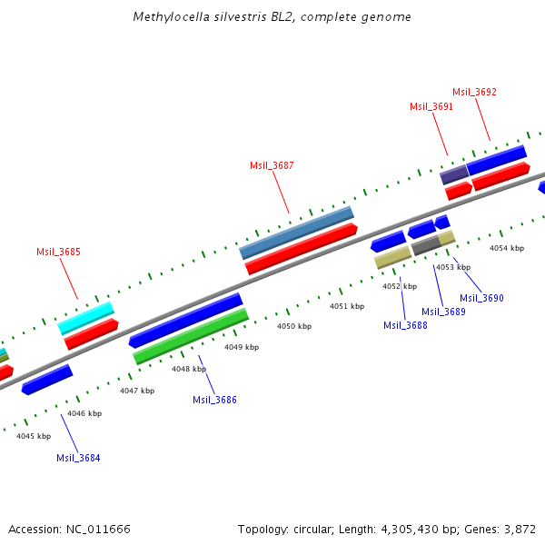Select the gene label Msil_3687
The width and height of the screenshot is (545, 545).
(x=272, y=165)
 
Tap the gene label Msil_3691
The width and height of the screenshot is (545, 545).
(x=431, y=106)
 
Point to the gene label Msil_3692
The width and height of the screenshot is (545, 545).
(x=474, y=92)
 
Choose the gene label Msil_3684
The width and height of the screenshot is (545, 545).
(x=78, y=458)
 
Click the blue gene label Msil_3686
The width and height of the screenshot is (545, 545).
(x=214, y=400)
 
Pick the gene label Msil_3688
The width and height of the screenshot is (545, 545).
(x=405, y=325)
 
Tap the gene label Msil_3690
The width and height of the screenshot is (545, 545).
(x=481, y=298)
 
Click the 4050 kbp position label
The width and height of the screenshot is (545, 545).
(x=294, y=326)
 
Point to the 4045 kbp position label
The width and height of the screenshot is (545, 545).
(x=34, y=436)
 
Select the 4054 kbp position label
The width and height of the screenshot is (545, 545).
(x=507, y=248)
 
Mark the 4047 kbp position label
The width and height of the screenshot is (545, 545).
(x=137, y=391)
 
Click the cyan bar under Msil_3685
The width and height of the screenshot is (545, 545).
(x=86, y=317)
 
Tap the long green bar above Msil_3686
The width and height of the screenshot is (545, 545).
(x=191, y=336)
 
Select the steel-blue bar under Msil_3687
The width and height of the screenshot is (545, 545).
(x=296, y=233)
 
